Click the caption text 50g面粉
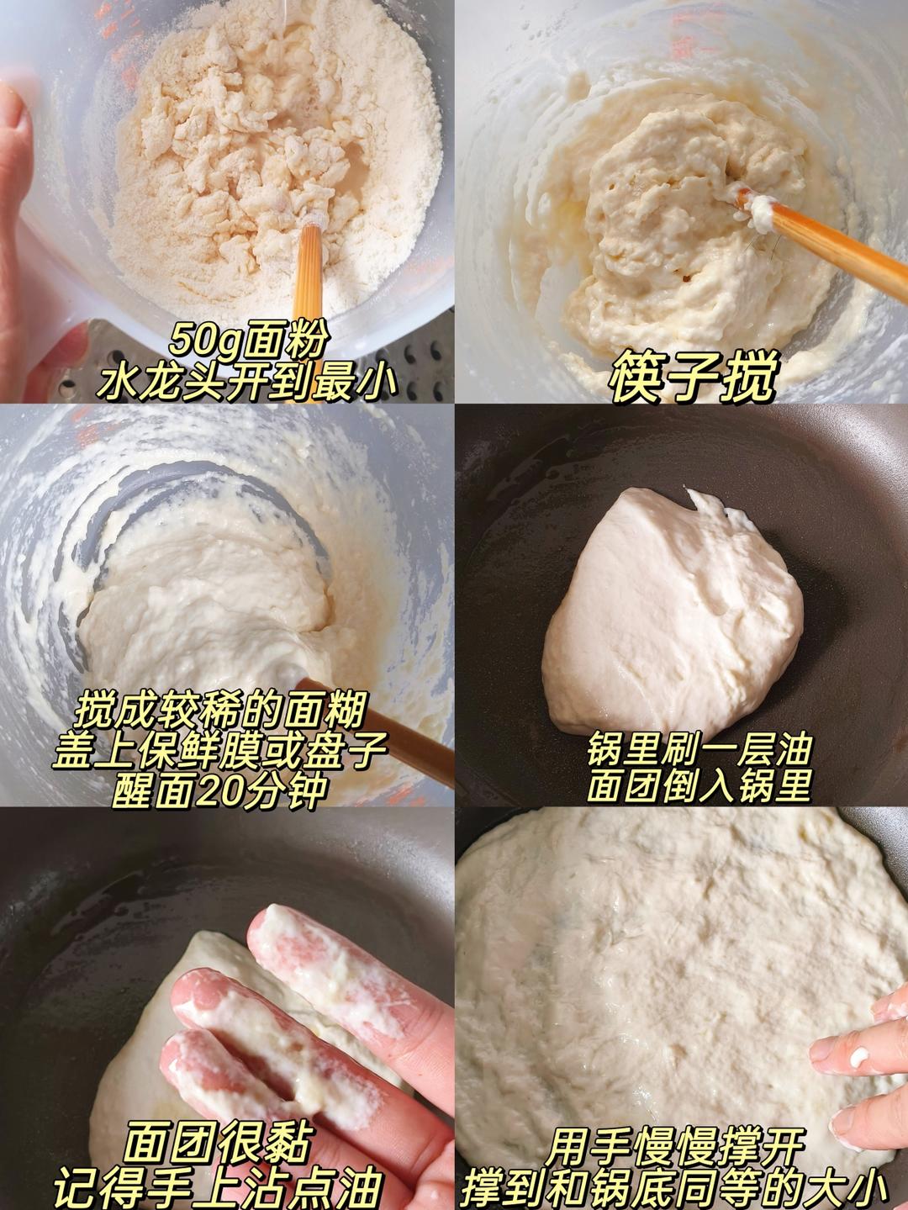tap(246, 341)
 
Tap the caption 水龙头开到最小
tap(246, 380)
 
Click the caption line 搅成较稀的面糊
tap(220, 711)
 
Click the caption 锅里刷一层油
tap(699, 750)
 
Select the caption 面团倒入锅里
tap(699, 787)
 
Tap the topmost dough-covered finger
tap(328, 967)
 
